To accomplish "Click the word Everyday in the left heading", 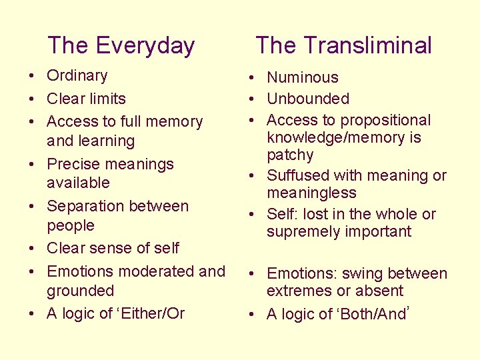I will [x=146, y=46].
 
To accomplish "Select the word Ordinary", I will [x=77, y=76].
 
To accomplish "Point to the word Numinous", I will [x=303, y=78].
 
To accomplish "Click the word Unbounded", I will [x=308, y=99].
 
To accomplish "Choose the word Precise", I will [x=73, y=164].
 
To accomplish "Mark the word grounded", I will [x=80, y=291].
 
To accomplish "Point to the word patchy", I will [x=290, y=155].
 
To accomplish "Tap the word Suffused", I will [x=298, y=176].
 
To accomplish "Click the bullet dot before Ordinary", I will [x=33, y=77].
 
